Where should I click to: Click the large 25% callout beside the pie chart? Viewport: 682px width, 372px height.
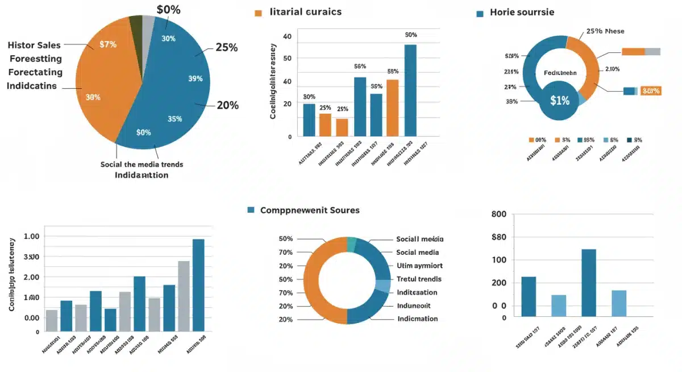226,48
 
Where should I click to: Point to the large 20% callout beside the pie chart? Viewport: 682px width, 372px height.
227,105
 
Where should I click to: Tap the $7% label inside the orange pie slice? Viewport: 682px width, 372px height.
107,44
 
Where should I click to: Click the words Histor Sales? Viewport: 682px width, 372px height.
34,46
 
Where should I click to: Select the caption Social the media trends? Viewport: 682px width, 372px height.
142,164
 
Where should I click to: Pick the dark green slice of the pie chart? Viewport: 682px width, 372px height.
135,23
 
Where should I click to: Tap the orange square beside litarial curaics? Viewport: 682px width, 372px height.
258,13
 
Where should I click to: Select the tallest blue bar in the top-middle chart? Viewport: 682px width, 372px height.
410,90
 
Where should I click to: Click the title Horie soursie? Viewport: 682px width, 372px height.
522,12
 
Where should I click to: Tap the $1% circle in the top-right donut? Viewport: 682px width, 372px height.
560,100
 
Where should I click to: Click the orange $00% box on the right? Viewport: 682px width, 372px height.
650,90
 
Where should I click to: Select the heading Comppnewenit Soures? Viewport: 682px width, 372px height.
310,210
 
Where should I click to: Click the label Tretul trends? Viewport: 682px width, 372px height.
418,279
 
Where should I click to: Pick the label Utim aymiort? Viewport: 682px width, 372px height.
419,266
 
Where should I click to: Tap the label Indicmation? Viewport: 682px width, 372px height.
417,319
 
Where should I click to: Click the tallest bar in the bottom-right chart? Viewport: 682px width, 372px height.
589,283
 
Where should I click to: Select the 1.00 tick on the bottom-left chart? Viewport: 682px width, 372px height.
32,236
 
